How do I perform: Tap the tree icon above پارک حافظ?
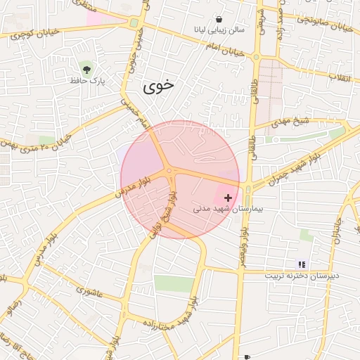tap(86, 69)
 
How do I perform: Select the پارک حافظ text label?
tap(86, 82)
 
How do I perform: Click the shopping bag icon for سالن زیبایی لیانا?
tap(220, 20)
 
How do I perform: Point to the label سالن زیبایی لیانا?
tap(219, 31)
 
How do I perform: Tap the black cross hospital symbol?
tap(228, 198)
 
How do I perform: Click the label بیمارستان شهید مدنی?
tap(219, 210)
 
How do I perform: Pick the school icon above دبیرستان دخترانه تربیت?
tap(302, 264)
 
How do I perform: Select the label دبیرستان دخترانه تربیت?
tap(302, 276)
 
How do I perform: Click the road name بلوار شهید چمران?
tap(296, 163)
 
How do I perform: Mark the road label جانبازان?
tap(340, 232)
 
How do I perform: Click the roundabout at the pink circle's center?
tap(169, 172)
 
